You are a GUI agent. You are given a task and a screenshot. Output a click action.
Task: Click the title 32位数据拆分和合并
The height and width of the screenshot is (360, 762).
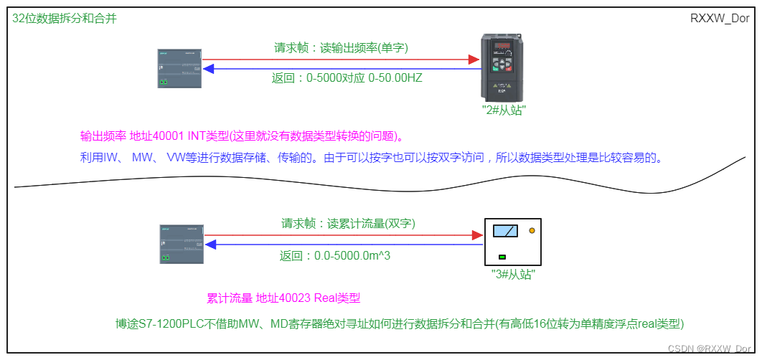(x=65, y=19)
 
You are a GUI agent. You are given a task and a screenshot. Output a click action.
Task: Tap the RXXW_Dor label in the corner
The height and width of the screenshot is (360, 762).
(x=720, y=19)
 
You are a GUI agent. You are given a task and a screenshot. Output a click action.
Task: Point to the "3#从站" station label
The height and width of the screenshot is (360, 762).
(x=512, y=274)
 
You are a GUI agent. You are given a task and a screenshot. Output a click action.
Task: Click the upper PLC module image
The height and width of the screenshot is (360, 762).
(x=179, y=68)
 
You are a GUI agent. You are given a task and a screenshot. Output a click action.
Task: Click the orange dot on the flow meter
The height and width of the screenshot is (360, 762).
(x=532, y=231)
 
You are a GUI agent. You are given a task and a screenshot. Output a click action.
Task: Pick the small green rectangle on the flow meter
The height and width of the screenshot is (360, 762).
(x=502, y=257)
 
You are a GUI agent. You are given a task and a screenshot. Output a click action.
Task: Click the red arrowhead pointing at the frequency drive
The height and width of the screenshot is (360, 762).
(x=474, y=60)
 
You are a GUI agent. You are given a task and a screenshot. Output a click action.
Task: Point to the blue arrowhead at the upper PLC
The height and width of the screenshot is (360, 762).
(x=208, y=69)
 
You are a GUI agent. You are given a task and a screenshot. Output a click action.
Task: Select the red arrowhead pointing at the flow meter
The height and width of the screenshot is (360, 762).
(x=476, y=235)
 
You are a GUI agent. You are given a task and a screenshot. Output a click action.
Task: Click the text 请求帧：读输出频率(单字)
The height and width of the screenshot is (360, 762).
(x=341, y=48)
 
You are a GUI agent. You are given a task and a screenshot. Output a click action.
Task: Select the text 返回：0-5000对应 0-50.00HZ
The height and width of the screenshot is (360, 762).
(x=347, y=77)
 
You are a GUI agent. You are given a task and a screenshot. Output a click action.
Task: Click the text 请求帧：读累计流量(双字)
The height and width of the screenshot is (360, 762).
(x=348, y=223)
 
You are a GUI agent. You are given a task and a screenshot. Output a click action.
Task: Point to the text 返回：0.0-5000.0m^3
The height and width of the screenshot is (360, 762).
(x=334, y=255)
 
